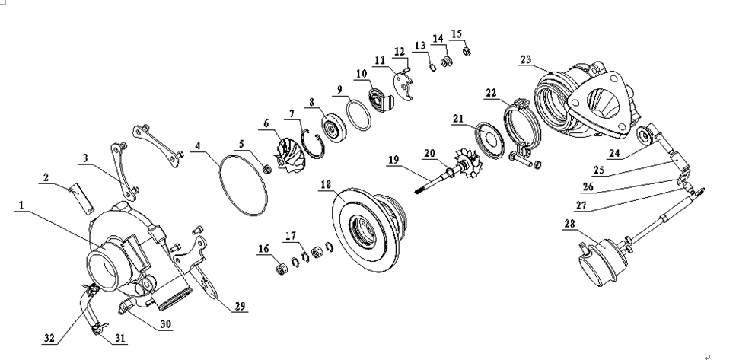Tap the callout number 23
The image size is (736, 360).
pos(526,60)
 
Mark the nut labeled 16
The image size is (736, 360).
pos(279,267)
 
